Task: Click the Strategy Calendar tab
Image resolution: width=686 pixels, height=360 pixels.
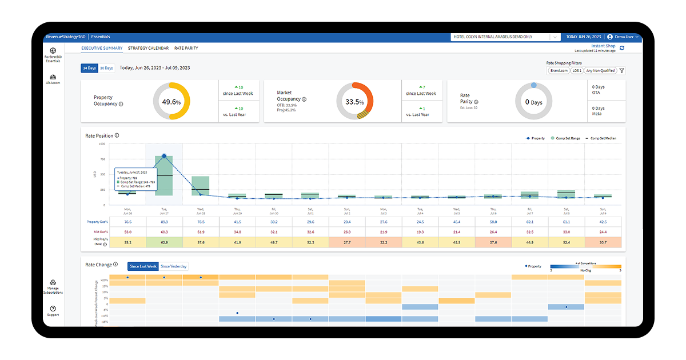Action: point(148,48)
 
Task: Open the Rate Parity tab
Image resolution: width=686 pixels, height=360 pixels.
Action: point(186,48)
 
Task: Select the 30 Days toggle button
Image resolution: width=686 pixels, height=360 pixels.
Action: point(106,68)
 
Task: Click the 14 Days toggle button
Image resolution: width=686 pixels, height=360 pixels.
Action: point(89,68)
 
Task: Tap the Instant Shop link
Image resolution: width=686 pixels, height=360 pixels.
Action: point(603,46)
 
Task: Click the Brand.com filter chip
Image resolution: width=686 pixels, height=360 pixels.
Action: point(559,71)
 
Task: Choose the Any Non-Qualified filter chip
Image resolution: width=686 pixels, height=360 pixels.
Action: point(600,71)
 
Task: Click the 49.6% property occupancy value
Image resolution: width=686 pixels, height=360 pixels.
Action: point(171,102)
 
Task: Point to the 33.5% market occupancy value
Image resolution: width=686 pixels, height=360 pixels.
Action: point(354,102)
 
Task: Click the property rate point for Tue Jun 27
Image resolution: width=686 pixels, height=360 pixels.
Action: point(164,156)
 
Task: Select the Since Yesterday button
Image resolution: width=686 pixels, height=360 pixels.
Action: point(173,266)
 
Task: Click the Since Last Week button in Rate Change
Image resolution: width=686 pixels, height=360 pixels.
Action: point(143,266)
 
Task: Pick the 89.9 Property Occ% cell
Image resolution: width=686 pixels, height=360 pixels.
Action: point(164,222)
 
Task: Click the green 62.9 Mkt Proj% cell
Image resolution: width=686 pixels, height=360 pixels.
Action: point(164,242)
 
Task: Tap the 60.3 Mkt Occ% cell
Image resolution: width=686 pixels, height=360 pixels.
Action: point(164,232)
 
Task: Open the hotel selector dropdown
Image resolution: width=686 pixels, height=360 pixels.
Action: point(505,37)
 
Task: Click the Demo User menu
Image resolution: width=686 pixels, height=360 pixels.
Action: point(623,37)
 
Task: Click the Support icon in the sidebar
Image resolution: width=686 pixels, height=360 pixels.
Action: point(53,311)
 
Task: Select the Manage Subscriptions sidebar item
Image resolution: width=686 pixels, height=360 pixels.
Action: point(53,286)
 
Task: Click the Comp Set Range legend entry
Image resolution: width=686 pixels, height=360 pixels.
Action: point(568,138)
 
